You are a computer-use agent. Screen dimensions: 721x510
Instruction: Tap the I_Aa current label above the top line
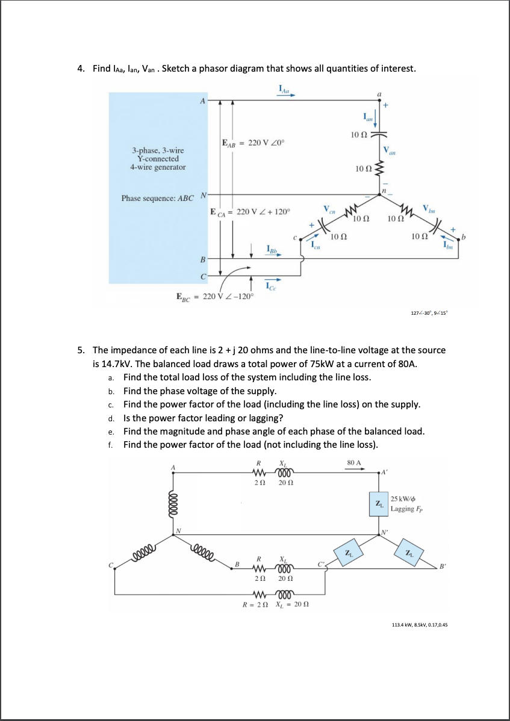[x=284, y=91]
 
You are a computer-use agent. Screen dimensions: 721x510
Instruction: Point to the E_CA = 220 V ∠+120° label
[x=249, y=212]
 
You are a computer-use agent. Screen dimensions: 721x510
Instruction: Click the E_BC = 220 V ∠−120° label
[x=215, y=296]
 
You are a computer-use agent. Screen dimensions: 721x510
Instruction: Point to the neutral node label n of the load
[x=384, y=191]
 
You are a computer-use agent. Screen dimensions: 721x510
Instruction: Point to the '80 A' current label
[x=354, y=462]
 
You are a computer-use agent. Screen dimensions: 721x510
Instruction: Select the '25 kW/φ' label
[x=403, y=499]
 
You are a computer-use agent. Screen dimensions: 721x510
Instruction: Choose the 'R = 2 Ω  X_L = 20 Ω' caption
[x=272, y=605]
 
